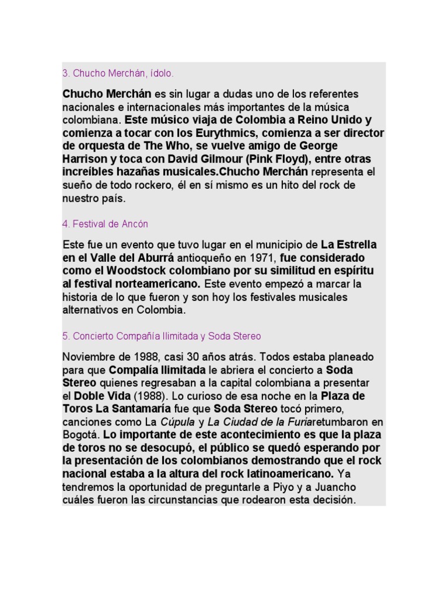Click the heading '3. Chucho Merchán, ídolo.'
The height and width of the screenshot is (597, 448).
(118, 74)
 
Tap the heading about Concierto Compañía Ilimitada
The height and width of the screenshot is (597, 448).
(162, 336)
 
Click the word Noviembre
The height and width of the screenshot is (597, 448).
(87, 356)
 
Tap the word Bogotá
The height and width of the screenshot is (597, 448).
(80, 434)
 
